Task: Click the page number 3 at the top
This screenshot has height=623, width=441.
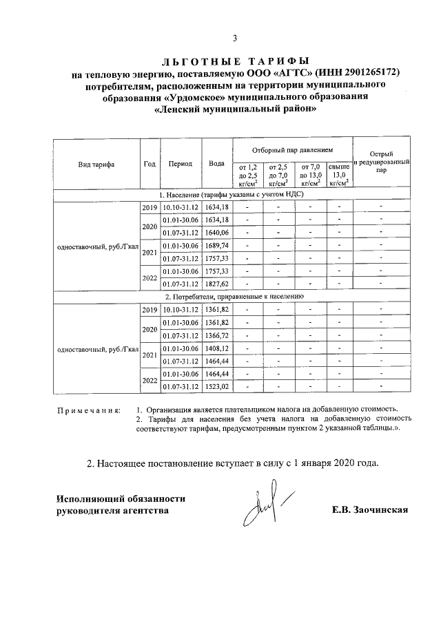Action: tap(234, 38)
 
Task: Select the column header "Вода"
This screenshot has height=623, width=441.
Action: tap(216, 165)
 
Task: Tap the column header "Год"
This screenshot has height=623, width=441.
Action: tap(150, 165)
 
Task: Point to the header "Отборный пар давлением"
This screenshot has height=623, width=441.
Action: tap(292, 149)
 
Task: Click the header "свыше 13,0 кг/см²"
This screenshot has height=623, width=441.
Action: tap(338, 175)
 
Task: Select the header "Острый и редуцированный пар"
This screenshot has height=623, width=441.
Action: tap(381, 164)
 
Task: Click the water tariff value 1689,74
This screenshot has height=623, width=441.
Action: tap(216, 245)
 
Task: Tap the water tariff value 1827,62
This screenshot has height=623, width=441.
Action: tap(216, 284)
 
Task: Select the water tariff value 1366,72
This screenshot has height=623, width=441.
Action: tap(216, 335)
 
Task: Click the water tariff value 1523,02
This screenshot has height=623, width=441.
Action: tap(216, 387)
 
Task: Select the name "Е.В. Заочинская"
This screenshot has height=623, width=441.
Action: tap(370, 510)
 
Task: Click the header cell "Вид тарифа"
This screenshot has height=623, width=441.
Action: tap(96, 165)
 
